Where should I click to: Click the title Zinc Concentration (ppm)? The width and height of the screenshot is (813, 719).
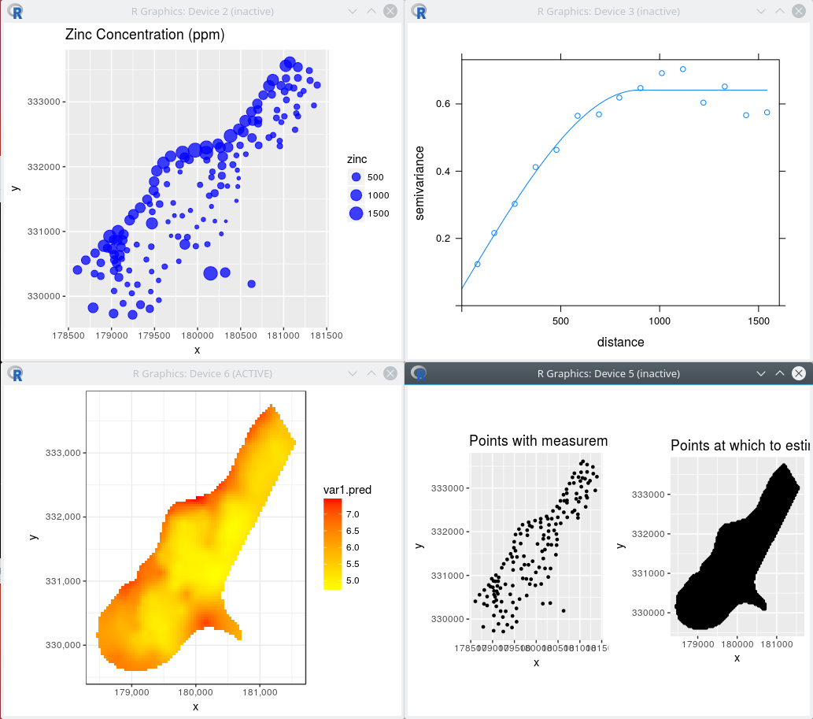coord(145,35)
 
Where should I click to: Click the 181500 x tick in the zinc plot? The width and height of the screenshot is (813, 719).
coord(326,335)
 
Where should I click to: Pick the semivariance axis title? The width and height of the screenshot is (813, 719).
coord(419,183)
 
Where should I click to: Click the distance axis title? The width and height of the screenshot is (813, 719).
coord(620,343)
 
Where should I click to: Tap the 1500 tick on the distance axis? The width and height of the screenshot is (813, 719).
coord(758,321)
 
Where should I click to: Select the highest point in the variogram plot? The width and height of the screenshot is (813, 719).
coord(682,69)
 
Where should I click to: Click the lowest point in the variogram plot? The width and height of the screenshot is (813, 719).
coord(477,265)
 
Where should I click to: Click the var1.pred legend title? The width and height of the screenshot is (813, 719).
coord(347,490)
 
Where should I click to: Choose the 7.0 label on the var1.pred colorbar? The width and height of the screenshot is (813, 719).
coord(353,513)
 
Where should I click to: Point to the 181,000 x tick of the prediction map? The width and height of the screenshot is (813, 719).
coord(260,693)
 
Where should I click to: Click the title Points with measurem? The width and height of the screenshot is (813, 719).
coord(538,441)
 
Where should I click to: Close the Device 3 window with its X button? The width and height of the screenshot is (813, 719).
coord(798,11)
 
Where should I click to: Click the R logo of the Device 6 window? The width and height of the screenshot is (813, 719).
coord(13,373)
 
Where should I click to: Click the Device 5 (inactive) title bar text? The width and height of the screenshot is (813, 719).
coord(608,373)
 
